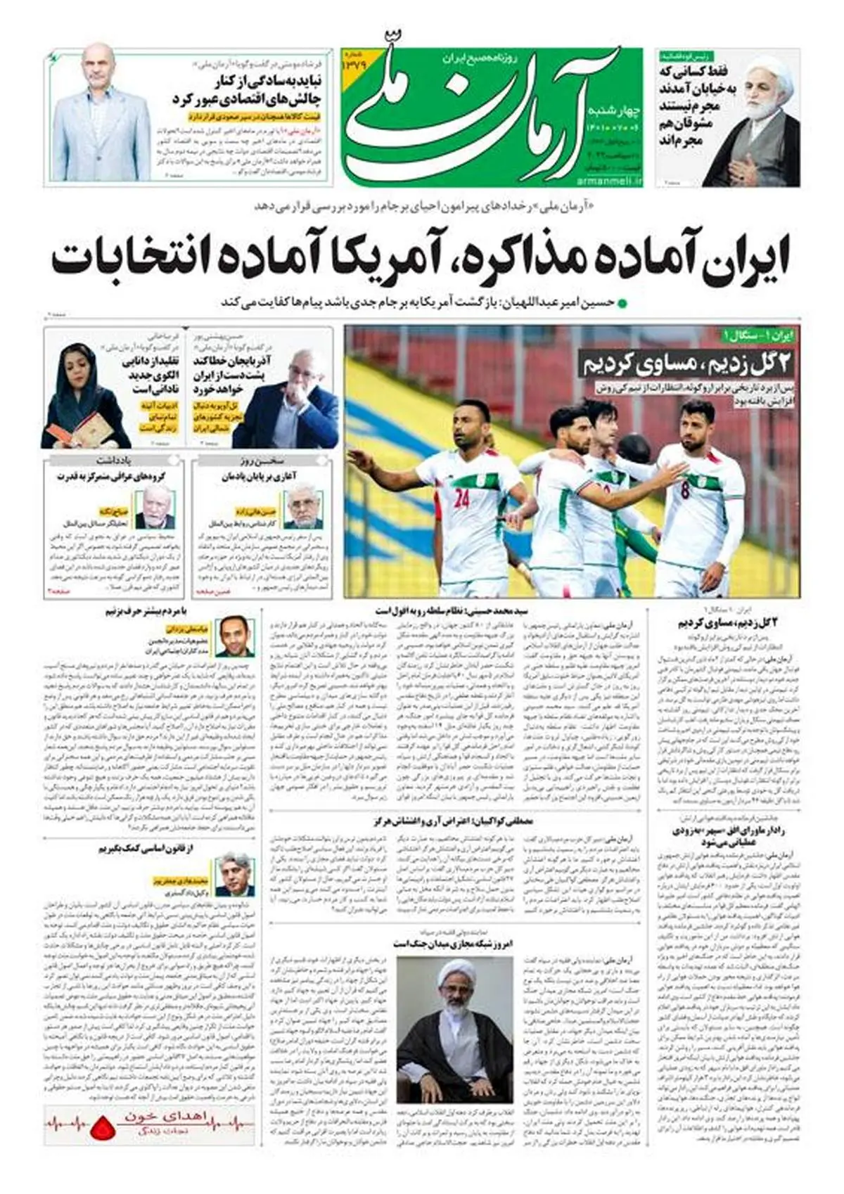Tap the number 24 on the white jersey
(461, 499)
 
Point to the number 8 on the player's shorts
(685, 490)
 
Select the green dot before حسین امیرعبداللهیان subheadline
(620, 303)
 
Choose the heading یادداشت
(115, 461)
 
